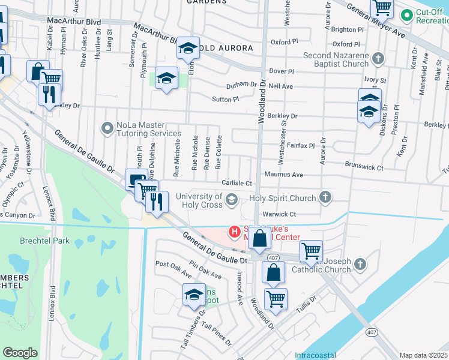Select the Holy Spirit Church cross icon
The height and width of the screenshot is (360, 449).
325,197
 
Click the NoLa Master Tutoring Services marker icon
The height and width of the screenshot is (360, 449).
107,128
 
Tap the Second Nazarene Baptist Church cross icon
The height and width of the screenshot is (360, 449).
378,59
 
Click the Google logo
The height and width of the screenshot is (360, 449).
20,353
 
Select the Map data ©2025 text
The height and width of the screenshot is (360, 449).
423,355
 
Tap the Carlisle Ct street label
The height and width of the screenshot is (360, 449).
238,183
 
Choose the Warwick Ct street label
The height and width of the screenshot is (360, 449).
280,214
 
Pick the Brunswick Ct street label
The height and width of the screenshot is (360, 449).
364,168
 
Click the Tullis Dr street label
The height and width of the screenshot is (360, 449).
305,303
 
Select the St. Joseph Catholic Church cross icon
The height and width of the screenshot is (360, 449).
360,264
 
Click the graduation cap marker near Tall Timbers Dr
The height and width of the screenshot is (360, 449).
194,294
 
